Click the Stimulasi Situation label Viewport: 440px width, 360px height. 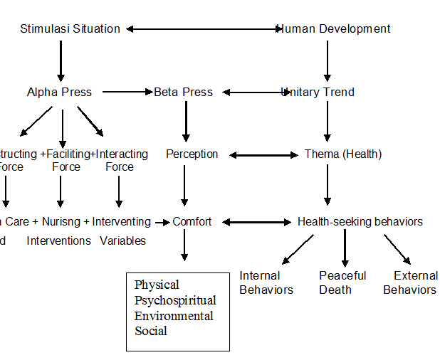pos(70,29)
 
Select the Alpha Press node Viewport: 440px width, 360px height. pos(59,92)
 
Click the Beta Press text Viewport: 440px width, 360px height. pos(183,92)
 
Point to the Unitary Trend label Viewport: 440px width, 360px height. pos(319,92)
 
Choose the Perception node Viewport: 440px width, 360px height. pos(192,154)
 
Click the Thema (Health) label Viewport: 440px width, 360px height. pos(343,154)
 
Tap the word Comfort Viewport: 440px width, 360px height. pos(192,221)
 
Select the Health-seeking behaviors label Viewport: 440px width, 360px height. pos(360,221)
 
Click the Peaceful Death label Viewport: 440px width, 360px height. pos(342,282)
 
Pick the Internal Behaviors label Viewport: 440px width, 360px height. pos(266,282)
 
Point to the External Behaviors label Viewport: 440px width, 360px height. pos(410,282)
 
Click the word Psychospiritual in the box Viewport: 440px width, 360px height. pos(175,300)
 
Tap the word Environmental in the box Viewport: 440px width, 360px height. pos(174,315)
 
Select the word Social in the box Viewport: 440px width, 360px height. pos(151,331)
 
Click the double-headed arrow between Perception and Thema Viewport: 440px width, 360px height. pos(263,154)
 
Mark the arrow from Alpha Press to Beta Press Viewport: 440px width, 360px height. pos(127,92)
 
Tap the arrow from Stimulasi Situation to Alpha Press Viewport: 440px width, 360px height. pos(61,60)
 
